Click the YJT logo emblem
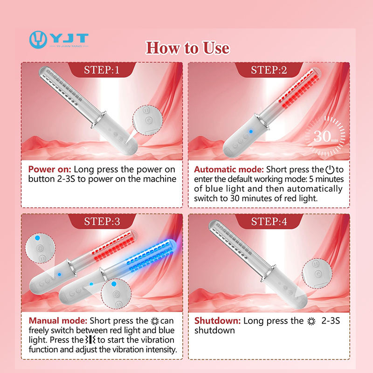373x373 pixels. point(38,40)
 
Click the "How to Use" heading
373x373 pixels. point(188,48)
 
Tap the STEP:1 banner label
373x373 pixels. point(102,70)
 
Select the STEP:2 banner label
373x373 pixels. point(269,70)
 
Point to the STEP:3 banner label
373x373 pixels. point(102,221)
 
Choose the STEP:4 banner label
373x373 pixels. point(269,221)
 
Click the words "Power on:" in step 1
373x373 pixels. point(50,169)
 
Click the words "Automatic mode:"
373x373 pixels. point(229,169)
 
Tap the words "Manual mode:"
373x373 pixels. point(58,321)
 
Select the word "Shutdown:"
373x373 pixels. point(218,321)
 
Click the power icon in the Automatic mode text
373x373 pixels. point(330,170)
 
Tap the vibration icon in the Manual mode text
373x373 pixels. point(90,340)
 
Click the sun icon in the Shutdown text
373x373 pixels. point(311,321)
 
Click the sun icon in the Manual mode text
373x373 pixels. point(155,321)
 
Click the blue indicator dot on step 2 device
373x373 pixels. point(251,131)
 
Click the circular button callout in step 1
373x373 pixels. point(147,120)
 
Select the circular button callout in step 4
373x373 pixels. point(317,274)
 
